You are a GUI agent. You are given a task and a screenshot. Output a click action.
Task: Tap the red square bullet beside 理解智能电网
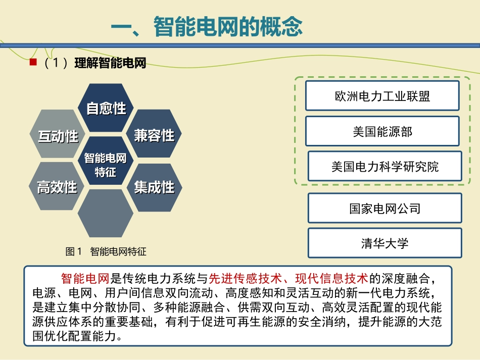33,62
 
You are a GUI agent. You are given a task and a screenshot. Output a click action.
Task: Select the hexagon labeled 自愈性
106,108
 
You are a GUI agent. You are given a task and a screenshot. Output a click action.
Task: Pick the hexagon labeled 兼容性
154,135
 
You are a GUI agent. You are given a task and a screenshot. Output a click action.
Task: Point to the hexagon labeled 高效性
57,187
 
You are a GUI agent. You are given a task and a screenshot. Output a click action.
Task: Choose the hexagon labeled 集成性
154,187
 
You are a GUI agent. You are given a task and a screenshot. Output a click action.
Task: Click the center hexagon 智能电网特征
106,165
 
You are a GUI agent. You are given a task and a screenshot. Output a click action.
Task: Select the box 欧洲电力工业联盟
382,96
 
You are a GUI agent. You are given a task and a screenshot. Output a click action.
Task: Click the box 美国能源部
382,131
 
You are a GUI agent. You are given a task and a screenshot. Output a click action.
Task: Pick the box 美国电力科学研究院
385,166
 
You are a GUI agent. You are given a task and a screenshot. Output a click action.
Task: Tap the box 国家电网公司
385,208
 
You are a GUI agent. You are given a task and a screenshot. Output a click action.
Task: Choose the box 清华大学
385,243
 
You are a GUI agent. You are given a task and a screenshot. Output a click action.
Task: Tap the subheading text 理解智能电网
110,63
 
